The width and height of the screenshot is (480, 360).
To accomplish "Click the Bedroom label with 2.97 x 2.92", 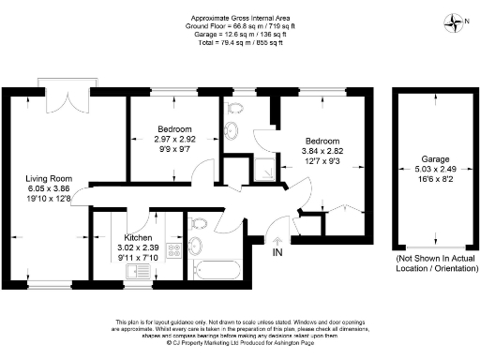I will point(174,128).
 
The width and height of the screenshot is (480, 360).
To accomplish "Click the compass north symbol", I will point(457,21).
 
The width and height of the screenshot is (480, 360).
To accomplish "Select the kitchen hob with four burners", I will point(173,250).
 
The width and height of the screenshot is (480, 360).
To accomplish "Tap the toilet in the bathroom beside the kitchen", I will point(196,246).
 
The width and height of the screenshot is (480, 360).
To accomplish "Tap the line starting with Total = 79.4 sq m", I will point(239,41).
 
